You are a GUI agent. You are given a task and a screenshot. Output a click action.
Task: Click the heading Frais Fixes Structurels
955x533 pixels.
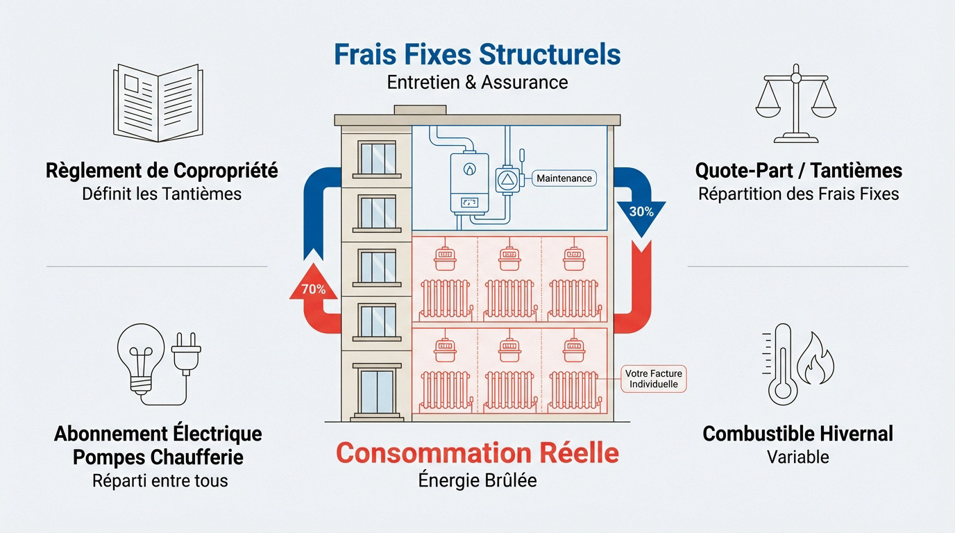[477, 55]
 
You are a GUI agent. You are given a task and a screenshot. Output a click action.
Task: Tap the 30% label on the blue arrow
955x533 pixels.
[641, 212]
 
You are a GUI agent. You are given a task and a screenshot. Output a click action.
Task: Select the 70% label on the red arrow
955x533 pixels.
[314, 289]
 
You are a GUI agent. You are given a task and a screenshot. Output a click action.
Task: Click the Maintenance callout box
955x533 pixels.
[564, 178]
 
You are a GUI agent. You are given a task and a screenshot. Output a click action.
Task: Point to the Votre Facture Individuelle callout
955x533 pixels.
[653, 379]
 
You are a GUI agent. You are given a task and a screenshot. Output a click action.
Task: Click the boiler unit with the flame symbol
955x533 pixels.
[467, 183]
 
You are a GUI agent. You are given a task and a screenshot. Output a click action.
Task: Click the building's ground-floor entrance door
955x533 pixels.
[377, 392]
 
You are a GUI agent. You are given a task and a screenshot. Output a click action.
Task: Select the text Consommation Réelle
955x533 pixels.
[477, 453]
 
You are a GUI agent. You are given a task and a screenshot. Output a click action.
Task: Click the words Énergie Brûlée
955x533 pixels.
[477, 480]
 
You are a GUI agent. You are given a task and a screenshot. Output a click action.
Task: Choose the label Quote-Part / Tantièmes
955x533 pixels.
[798, 170]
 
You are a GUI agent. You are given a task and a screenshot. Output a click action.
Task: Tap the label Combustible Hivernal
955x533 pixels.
[797, 434]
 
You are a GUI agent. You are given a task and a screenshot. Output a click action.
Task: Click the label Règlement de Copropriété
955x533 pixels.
[162, 170]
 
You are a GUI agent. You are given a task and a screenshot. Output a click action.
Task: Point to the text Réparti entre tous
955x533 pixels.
[160, 480]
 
